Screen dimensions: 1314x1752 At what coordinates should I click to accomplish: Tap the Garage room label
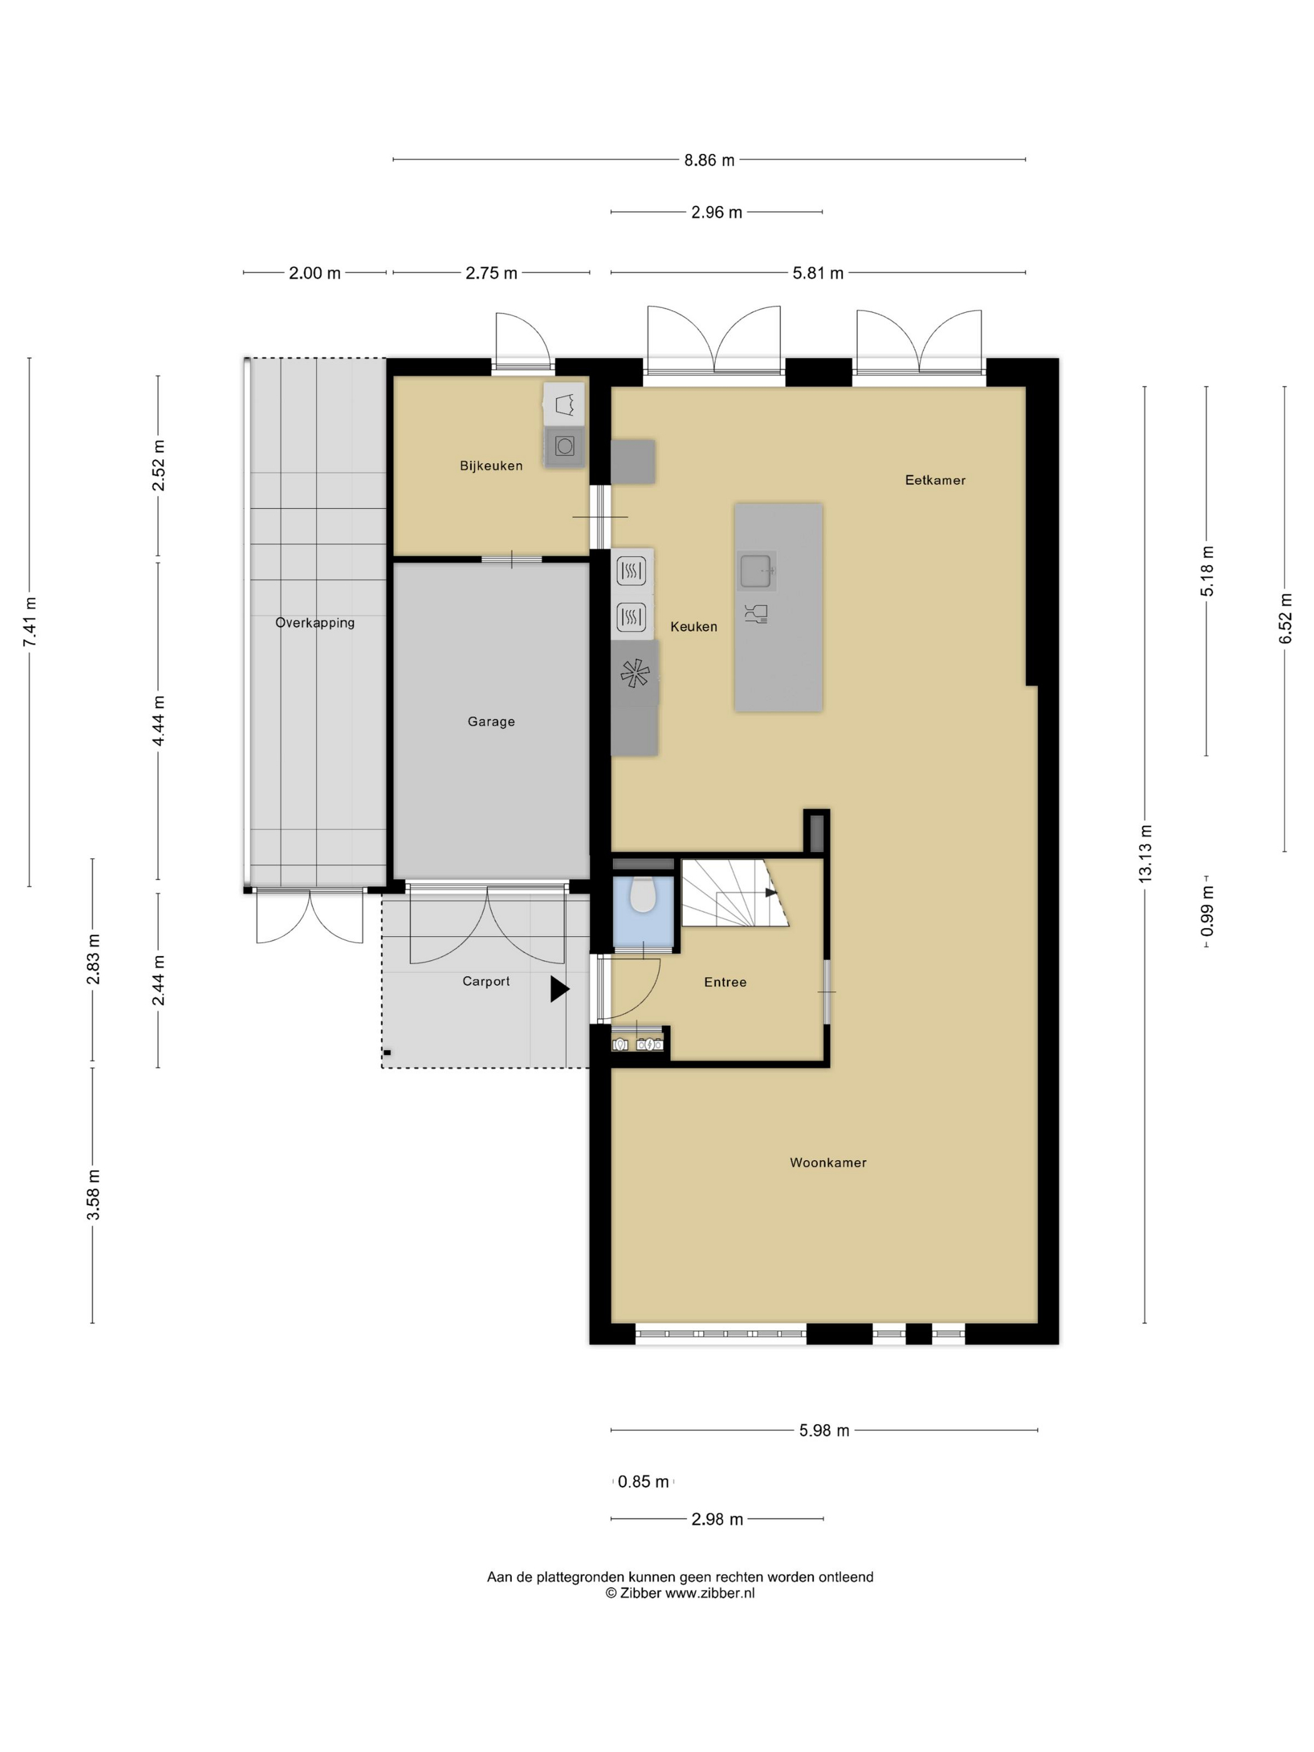(x=491, y=721)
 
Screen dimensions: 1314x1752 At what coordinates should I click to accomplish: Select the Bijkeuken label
(x=491, y=466)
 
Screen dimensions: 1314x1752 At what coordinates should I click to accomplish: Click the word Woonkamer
(x=828, y=1163)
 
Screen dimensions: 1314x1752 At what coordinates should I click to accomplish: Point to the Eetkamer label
(x=935, y=480)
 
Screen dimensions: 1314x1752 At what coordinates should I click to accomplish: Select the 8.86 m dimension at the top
(x=710, y=160)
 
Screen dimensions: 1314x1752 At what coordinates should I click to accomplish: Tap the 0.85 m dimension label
(x=643, y=1481)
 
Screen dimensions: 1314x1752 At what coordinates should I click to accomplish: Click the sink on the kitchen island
(x=756, y=570)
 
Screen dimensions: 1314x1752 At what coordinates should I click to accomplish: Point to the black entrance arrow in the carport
(x=559, y=989)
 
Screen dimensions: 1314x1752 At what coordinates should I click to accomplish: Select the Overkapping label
(x=315, y=623)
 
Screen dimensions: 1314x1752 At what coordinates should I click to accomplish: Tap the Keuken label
(x=694, y=626)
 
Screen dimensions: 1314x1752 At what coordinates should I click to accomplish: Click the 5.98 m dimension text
(x=823, y=1430)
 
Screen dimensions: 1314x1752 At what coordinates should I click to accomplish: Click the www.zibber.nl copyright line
(x=680, y=1594)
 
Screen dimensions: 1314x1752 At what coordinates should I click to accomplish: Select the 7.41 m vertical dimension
(x=30, y=622)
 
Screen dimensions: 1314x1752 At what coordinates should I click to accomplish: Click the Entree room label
(x=725, y=982)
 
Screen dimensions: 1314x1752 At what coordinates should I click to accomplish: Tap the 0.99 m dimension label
(x=1207, y=911)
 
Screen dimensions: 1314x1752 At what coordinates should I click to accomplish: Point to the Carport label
(x=486, y=981)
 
